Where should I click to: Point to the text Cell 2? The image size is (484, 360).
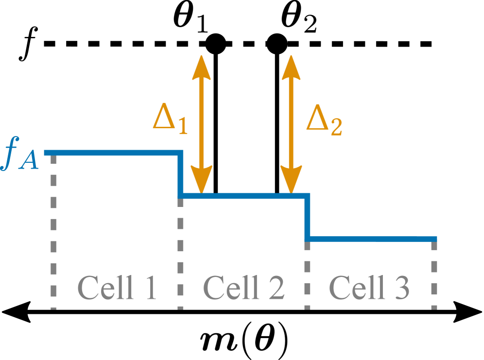pos(243,288)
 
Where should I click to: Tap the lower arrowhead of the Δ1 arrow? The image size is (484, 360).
pos(201,180)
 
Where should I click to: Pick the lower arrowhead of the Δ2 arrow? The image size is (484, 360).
pos(291,180)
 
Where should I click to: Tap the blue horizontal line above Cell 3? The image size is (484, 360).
pos(372,239)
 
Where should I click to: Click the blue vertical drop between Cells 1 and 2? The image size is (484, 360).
pos(181,174)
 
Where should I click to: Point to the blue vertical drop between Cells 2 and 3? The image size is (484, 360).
pos(307,217)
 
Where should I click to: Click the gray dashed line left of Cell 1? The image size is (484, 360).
pos(54,233)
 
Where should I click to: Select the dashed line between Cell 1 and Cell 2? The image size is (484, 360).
pos(181,253)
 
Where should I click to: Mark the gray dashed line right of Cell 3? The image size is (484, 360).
pos(434,274)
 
